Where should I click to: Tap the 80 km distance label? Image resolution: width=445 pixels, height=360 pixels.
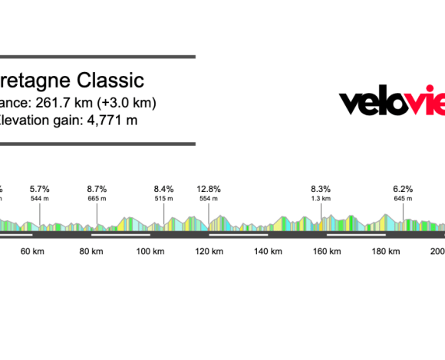91,252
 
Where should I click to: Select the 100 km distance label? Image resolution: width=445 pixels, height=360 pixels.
151,252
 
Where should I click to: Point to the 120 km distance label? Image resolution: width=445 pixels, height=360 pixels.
209,252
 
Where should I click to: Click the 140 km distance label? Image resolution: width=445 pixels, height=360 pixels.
269,252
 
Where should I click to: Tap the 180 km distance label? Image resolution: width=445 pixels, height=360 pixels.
387,252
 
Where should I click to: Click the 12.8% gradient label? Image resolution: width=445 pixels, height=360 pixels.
209,189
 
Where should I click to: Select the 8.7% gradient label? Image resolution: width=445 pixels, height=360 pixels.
97,189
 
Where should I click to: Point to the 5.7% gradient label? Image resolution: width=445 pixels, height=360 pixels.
40,189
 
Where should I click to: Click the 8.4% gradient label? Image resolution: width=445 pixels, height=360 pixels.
163,189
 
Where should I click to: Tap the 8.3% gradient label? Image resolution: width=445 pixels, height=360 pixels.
321,189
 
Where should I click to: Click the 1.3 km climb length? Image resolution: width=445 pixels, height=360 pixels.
321,199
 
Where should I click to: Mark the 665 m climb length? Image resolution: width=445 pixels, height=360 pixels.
97,199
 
